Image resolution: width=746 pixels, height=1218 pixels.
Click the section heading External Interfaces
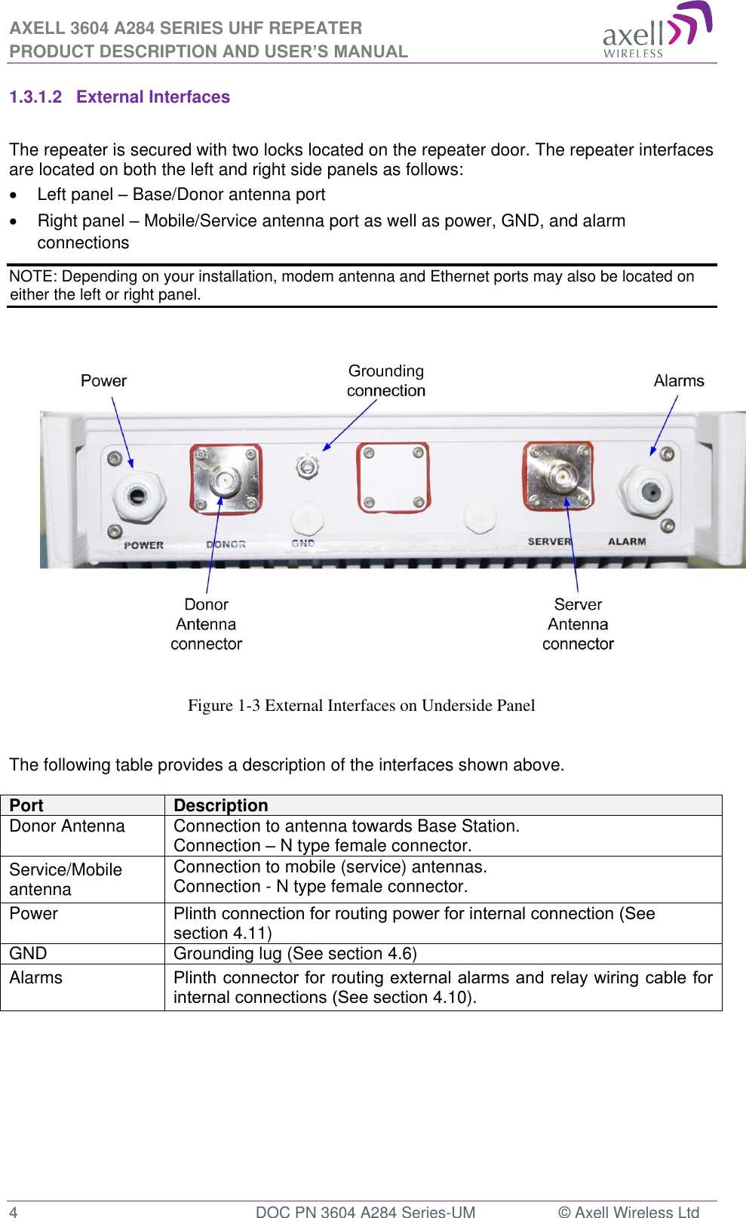152,97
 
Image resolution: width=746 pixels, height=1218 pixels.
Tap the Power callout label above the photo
104,381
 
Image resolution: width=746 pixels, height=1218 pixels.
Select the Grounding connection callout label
385,381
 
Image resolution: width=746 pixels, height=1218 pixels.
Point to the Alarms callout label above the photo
678,381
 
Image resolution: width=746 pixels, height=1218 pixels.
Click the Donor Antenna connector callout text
206,624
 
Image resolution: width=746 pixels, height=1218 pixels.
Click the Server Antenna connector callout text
578,624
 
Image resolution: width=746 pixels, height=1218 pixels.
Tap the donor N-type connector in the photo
225,479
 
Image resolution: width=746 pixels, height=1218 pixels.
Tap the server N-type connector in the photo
559,477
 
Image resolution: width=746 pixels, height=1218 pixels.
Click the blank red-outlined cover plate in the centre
393,478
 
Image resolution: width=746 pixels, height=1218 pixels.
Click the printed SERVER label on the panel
549,542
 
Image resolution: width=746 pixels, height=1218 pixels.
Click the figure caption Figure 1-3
361,706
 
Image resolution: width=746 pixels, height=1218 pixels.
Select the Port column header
26,805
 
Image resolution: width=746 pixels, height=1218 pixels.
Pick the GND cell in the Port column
29,954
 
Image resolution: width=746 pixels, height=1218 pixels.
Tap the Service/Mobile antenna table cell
66,879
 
